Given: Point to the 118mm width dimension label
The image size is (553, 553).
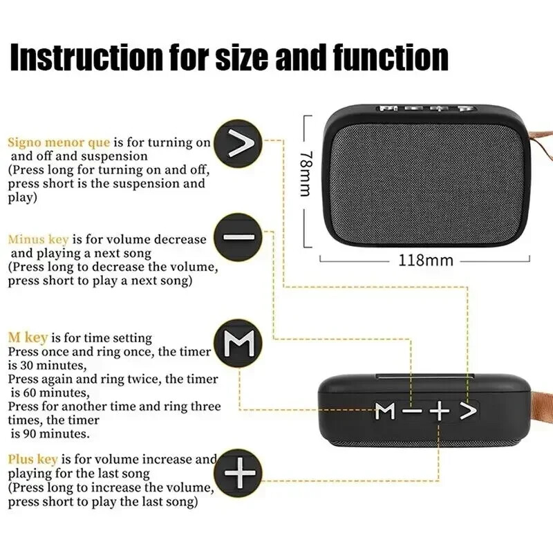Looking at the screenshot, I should (x=424, y=261).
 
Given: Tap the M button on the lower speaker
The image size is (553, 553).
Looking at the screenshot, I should (x=386, y=412).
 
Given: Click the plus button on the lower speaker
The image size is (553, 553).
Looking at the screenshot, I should (x=439, y=412).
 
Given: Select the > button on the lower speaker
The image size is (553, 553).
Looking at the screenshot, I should (x=468, y=412).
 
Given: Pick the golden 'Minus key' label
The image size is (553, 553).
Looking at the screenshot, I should (x=38, y=239).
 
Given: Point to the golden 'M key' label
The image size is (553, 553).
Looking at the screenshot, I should (x=28, y=338).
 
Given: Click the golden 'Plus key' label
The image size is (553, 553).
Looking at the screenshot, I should (x=33, y=459).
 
